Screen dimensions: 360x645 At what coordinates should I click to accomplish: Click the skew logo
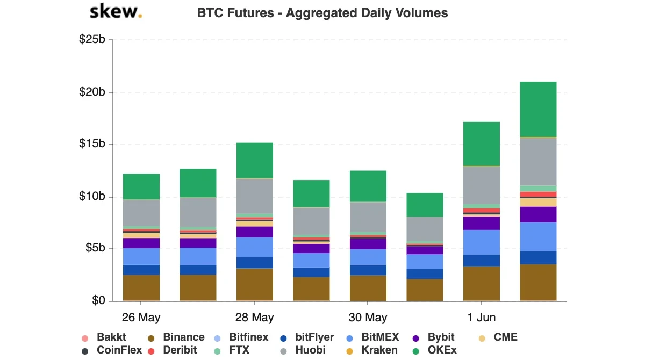click(x=116, y=12)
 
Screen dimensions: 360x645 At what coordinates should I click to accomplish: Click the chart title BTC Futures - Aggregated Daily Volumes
click(x=322, y=13)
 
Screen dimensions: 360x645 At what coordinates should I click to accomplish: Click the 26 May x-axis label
click(x=141, y=318)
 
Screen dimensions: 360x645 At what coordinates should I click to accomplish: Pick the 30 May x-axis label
click(x=368, y=318)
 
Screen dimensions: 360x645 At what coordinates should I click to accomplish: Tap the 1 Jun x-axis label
click(x=481, y=318)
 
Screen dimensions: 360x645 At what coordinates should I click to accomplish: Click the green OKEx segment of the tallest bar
click(x=538, y=110)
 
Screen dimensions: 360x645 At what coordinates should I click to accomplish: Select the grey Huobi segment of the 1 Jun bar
click(x=482, y=185)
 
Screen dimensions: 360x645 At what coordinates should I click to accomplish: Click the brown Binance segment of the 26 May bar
click(x=141, y=287)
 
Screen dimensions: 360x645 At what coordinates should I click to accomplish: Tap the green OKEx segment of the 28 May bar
click(x=255, y=160)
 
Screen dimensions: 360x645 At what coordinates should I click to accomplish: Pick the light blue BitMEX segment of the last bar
click(x=538, y=236)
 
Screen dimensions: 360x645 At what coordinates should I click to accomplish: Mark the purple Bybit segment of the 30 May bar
click(x=368, y=244)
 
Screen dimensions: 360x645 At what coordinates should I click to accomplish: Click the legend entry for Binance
click(x=177, y=337)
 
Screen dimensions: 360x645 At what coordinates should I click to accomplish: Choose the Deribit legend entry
click(x=173, y=350)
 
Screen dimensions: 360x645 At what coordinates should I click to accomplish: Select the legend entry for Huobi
click(x=302, y=350)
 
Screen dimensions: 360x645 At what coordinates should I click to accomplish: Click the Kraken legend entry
click(x=372, y=350)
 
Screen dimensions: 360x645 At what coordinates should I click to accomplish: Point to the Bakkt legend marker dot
click(x=85, y=338)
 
